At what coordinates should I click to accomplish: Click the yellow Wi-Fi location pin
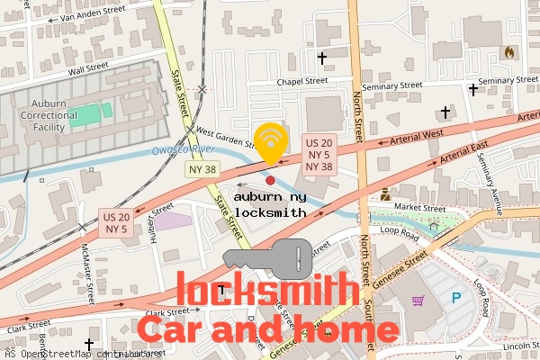click(x=270, y=142)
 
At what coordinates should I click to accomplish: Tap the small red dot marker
click(x=270, y=167)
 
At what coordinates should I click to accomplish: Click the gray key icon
click(x=267, y=258)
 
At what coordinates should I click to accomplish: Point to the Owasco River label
click(x=181, y=148)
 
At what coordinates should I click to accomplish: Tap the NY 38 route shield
click(x=202, y=168)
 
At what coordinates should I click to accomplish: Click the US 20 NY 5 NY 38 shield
click(x=319, y=154)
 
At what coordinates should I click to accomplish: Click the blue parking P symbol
click(x=455, y=298)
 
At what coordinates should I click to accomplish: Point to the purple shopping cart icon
click(x=417, y=300)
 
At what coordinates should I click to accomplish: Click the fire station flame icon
click(x=510, y=52)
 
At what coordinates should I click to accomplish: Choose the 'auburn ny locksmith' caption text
click(x=270, y=204)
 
